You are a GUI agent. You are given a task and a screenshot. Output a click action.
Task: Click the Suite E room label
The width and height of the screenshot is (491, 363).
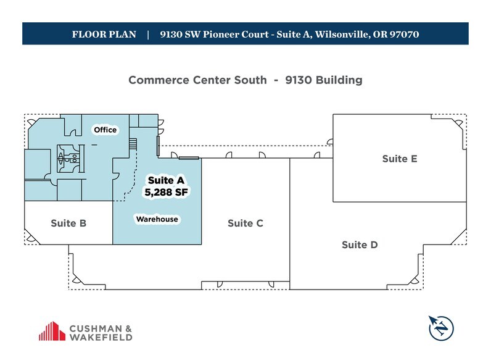[x=399, y=159]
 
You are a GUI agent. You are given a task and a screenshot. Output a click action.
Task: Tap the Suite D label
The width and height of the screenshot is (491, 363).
[x=359, y=245]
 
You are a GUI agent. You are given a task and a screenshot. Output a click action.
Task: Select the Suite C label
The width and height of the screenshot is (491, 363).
[x=245, y=223]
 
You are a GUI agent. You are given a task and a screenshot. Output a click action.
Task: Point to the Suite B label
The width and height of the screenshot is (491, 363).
[x=68, y=223]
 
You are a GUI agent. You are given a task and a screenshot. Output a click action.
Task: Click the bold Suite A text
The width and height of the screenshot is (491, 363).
[x=165, y=180]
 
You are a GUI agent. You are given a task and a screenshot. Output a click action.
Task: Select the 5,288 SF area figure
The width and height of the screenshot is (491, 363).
[x=165, y=193]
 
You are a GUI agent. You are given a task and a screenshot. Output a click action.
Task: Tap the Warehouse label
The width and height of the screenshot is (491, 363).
[x=157, y=219]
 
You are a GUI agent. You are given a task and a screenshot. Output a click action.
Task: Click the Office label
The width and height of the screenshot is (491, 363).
[x=105, y=130]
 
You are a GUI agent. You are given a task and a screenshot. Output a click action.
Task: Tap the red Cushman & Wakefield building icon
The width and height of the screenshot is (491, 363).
[x=52, y=332]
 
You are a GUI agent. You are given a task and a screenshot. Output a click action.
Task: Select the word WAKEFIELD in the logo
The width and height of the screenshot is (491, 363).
[x=101, y=337]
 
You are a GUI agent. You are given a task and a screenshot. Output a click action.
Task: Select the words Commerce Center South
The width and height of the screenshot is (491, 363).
[x=197, y=80]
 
